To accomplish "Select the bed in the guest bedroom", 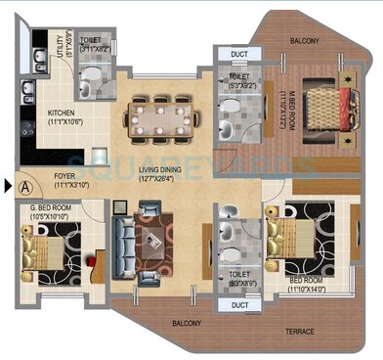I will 42,247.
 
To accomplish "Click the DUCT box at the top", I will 237,55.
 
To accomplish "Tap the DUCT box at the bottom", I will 237,304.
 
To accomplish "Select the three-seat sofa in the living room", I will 123,245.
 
